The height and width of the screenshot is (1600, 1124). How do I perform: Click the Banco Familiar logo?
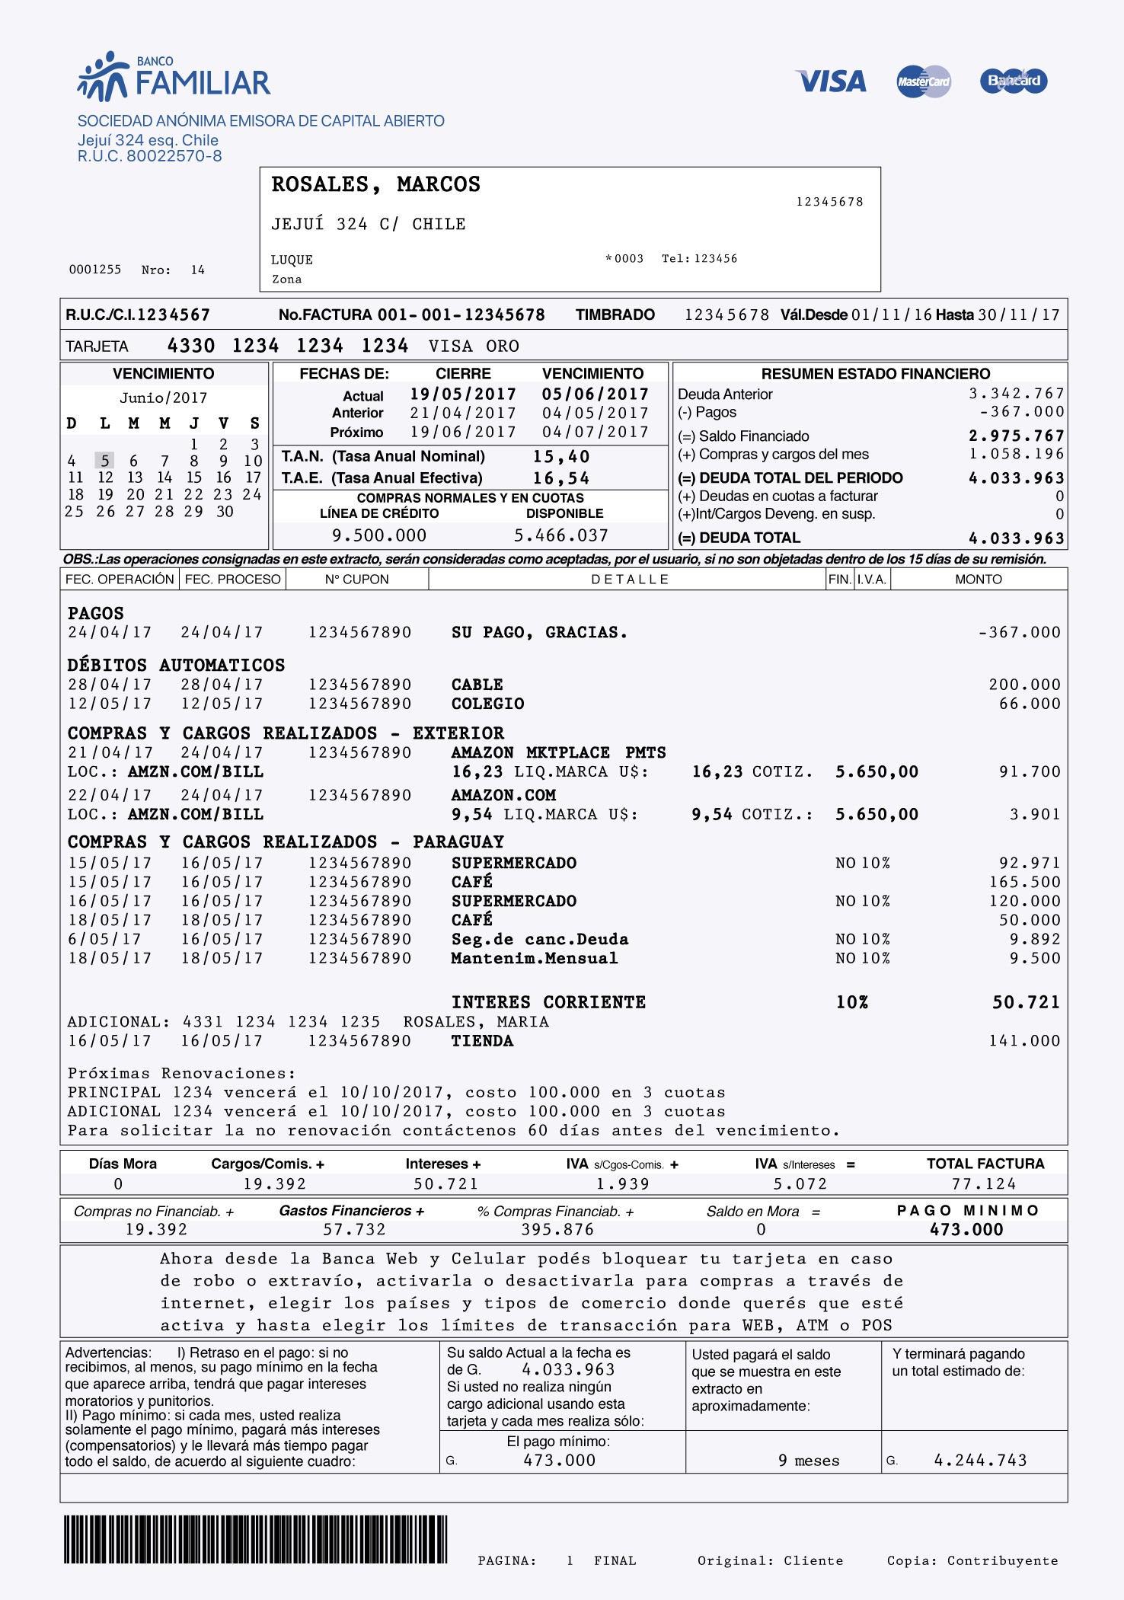coord(174,77)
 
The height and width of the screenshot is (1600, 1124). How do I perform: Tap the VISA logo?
coord(831,81)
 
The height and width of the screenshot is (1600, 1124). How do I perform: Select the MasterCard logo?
coord(924,81)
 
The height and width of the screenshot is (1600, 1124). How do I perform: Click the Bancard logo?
coord(1014,81)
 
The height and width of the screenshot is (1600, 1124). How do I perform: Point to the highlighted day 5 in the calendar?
coord(104,461)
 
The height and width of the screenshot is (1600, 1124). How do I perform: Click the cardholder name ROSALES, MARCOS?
coord(376,184)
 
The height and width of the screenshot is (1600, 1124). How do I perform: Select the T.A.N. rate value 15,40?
coord(561,457)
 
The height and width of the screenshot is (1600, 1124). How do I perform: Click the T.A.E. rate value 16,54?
coord(561,478)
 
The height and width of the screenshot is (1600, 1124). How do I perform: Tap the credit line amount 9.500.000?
coord(379,535)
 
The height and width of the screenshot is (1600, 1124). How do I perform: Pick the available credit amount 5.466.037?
coord(561,535)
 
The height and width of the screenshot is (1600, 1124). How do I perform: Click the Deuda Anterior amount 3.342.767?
coord(1016,394)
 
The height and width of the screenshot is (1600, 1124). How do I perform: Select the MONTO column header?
coord(979,580)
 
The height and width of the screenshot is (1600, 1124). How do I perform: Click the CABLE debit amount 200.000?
coord(1024,685)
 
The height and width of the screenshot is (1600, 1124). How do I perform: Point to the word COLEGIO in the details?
coord(487,704)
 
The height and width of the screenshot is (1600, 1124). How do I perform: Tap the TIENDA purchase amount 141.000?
coord(1024,1041)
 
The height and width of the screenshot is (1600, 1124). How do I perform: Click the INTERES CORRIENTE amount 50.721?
coord(1026,1002)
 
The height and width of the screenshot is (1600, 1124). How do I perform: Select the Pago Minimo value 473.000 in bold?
coord(966,1229)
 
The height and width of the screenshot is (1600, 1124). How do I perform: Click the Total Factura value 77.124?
coord(984,1184)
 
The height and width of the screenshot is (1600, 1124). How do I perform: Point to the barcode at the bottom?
coord(256,1539)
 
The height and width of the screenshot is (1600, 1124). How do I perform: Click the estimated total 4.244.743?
coord(980,1460)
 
